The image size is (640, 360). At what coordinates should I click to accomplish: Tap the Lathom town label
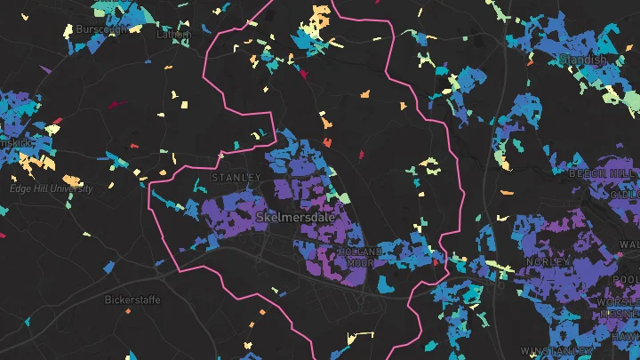click(173, 35)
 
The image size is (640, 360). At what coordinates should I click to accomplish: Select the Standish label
click(582, 60)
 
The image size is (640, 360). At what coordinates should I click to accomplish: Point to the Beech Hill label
click(604, 172)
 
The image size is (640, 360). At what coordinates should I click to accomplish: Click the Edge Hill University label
click(51, 188)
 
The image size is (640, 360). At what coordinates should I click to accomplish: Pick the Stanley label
click(236, 178)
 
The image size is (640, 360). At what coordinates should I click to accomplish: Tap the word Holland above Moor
click(359, 252)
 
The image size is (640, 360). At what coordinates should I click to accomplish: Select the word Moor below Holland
click(359, 263)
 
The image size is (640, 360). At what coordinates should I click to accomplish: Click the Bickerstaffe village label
click(132, 300)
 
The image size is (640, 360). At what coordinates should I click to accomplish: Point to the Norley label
click(548, 262)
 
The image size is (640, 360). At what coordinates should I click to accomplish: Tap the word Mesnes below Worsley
click(621, 314)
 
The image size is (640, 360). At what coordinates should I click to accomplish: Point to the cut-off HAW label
click(629, 336)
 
